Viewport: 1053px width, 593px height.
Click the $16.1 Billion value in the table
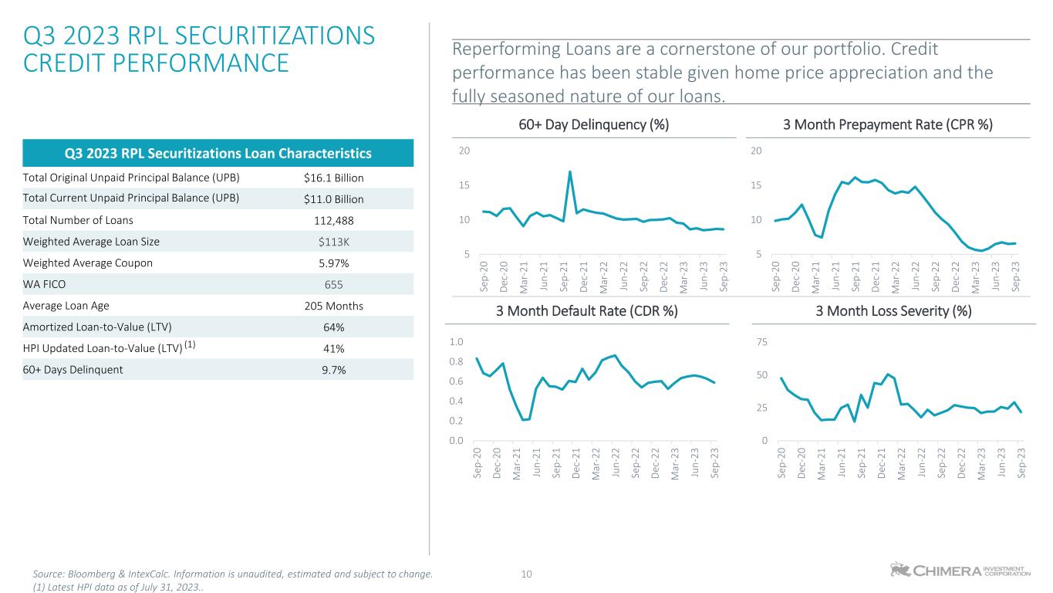334,178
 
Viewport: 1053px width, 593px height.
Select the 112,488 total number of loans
334,220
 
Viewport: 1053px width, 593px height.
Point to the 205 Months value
334,306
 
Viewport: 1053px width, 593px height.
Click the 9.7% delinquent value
334,369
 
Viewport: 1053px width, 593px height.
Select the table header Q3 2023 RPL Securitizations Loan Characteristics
219,153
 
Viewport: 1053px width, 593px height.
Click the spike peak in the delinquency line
570,172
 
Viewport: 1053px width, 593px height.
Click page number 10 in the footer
527,574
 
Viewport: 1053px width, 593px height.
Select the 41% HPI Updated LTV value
334,348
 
